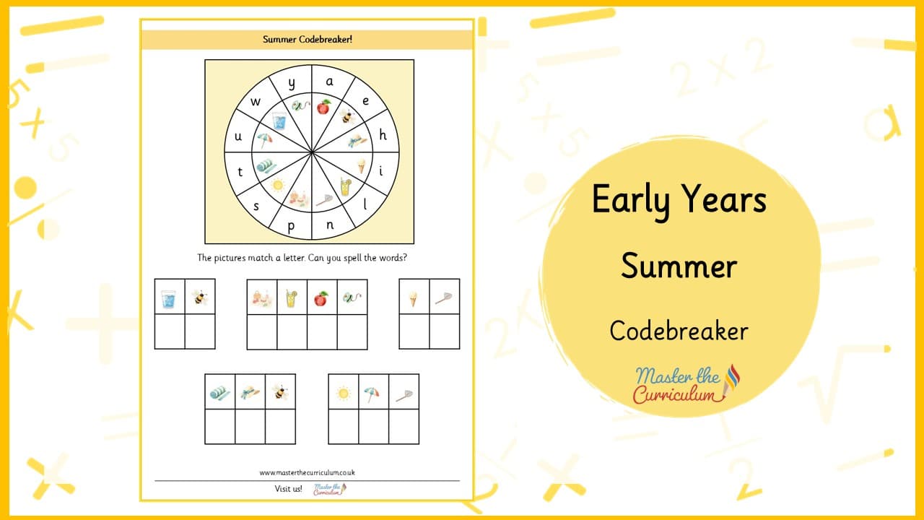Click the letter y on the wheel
pyautogui.click(x=292, y=84)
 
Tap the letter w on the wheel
pyautogui.click(x=256, y=102)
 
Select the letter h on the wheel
pyautogui.click(x=383, y=134)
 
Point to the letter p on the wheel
pyautogui.click(x=291, y=227)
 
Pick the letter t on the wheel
pyautogui.click(x=240, y=172)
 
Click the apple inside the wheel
pyautogui.click(x=324, y=107)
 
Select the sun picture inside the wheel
pyautogui.click(x=278, y=185)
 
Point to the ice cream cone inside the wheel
pyautogui.click(x=362, y=166)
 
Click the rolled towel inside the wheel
pyautogui.click(x=266, y=166)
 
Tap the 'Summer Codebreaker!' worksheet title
pyautogui.click(x=308, y=40)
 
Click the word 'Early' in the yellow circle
pyautogui.click(x=630, y=200)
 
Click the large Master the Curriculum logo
pyautogui.click(x=687, y=383)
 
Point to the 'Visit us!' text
pyautogui.click(x=288, y=489)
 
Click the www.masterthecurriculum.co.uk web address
pyautogui.click(x=308, y=472)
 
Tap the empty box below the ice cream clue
pyautogui.click(x=414, y=331)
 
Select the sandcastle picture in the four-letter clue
pyautogui.click(x=262, y=298)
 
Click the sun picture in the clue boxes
pyautogui.click(x=343, y=393)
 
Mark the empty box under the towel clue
pyautogui.click(x=220, y=426)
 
